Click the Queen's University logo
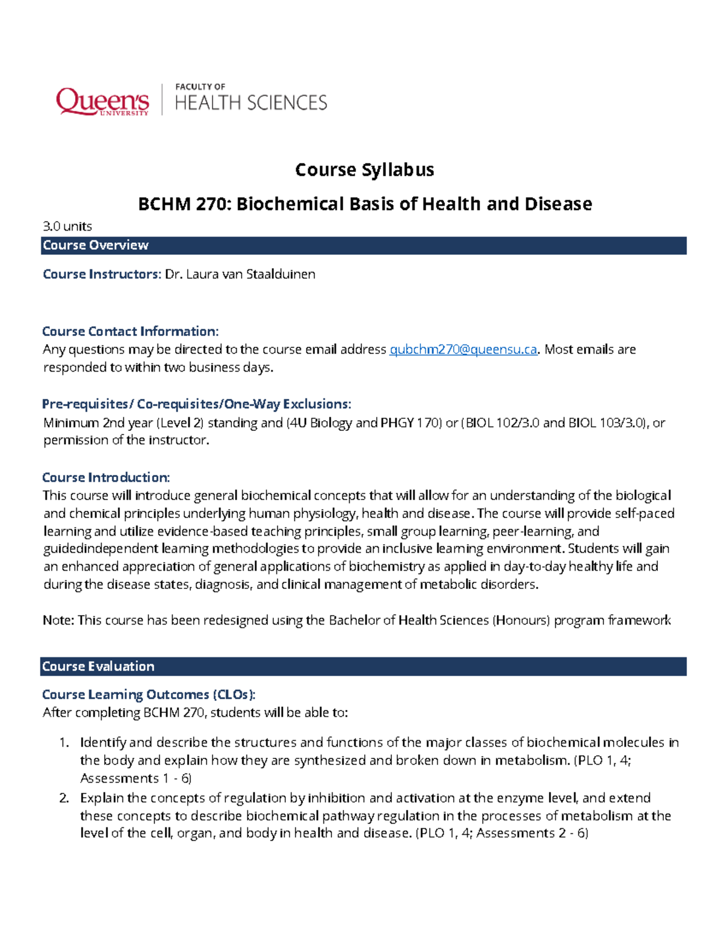102,100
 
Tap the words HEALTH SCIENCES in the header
251,103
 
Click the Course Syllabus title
364,169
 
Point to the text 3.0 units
67,226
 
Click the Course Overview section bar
363,245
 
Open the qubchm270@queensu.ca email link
463,349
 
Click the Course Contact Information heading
130,331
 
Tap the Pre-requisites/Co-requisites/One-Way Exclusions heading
196,404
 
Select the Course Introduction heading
105,477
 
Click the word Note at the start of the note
58,620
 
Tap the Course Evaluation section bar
363,666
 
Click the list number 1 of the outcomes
64,743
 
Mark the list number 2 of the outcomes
64,798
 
